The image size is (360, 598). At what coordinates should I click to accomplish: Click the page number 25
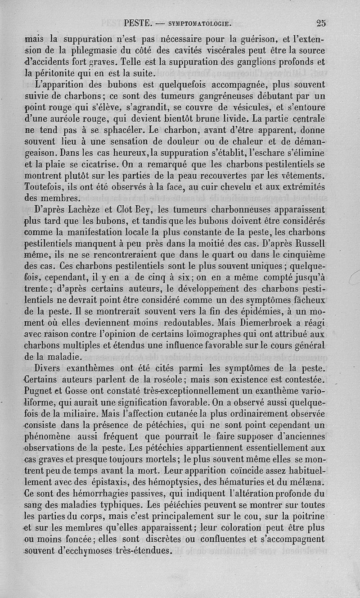tap(321, 23)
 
